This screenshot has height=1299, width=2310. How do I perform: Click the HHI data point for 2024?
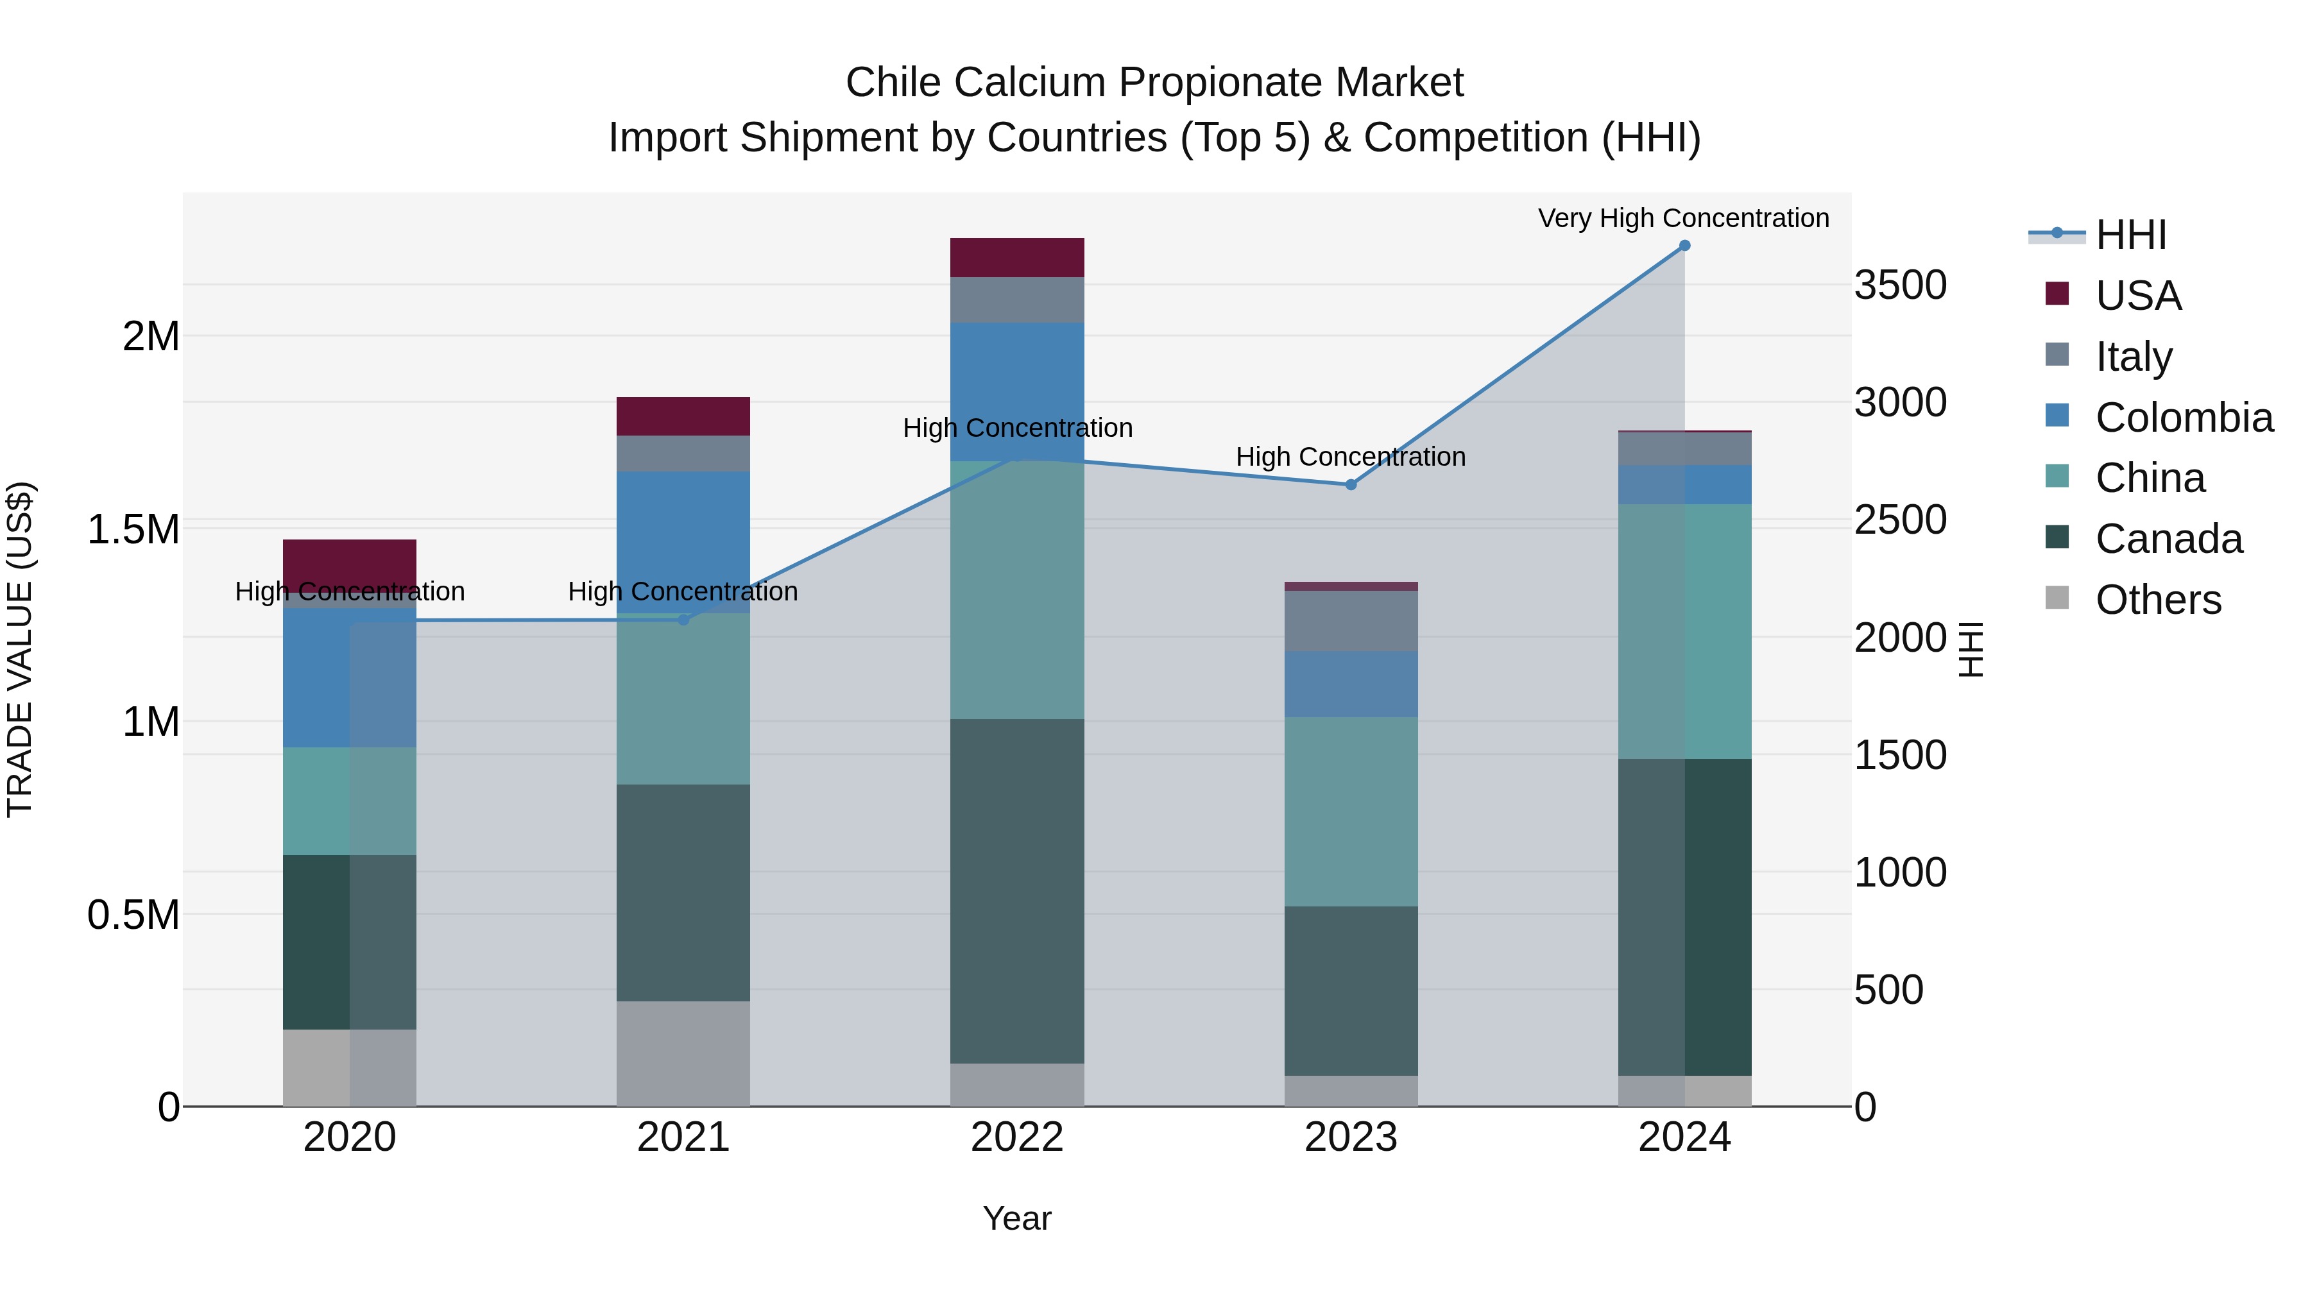point(1684,246)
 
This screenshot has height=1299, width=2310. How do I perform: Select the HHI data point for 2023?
point(1351,485)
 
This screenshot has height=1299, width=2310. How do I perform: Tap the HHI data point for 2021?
point(683,620)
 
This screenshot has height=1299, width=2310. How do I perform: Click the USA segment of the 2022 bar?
point(1017,257)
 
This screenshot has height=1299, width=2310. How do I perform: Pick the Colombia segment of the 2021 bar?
point(683,541)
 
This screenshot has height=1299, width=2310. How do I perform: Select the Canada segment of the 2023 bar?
point(1351,990)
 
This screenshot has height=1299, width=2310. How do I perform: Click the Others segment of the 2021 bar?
point(683,1053)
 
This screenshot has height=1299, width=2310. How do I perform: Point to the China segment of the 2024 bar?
point(1684,631)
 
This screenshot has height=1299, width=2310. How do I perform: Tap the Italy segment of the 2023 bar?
point(1351,620)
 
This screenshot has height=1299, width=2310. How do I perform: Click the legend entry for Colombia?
point(2183,418)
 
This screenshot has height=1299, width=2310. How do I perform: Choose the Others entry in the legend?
point(2157,600)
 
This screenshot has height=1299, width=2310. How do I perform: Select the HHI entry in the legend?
point(2130,235)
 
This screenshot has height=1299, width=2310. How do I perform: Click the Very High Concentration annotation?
point(1683,218)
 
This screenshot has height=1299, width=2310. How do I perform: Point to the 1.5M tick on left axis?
point(133,530)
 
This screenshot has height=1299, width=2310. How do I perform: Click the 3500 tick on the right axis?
point(1900,285)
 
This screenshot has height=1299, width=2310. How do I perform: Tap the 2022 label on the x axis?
point(1017,1137)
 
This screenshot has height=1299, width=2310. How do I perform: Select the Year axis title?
point(1017,1218)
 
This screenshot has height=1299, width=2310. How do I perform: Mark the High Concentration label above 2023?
point(1351,456)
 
